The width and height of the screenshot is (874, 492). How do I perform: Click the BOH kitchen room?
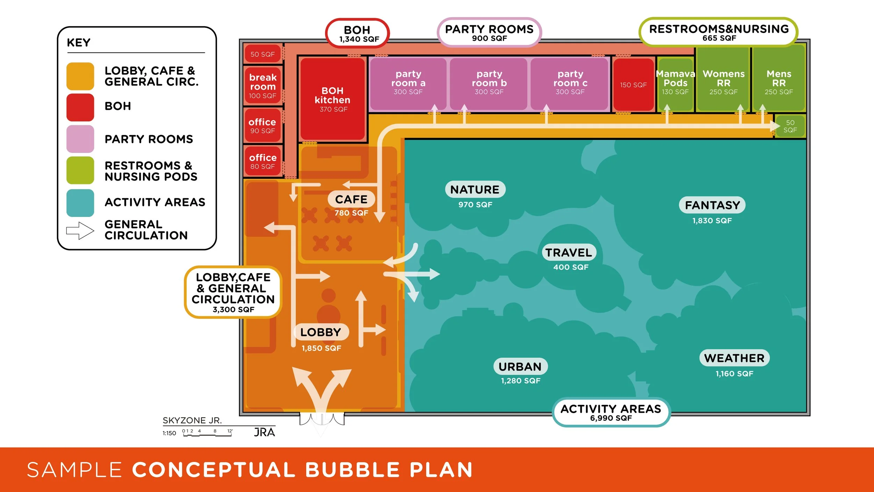[x=332, y=99]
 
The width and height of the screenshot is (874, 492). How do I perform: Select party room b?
[x=488, y=84]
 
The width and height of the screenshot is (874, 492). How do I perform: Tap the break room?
[x=263, y=85]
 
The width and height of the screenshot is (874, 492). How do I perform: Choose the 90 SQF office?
[x=263, y=125]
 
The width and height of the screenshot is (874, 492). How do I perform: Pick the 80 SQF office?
[x=263, y=161]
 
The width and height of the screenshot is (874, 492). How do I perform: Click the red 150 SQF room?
[x=633, y=85]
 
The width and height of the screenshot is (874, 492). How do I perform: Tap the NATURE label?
[x=475, y=189]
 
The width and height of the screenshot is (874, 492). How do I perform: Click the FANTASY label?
[x=712, y=205]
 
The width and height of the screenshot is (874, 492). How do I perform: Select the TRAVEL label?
[x=569, y=252]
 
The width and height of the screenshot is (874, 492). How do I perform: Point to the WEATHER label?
[x=735, y=358]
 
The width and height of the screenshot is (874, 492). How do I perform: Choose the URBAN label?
[x=520, y=366]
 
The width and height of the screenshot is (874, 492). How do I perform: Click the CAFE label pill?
[x=351, y=199]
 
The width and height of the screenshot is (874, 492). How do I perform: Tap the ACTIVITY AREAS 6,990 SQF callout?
[x=611, y=412]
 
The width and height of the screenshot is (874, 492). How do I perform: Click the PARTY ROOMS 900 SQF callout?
[x=489, y=33]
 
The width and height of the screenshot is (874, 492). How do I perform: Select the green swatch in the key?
[x=80, y=170]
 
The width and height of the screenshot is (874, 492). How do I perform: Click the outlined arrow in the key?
[x=80, y=231]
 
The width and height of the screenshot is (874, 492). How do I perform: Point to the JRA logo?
[x=264, y=433]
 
